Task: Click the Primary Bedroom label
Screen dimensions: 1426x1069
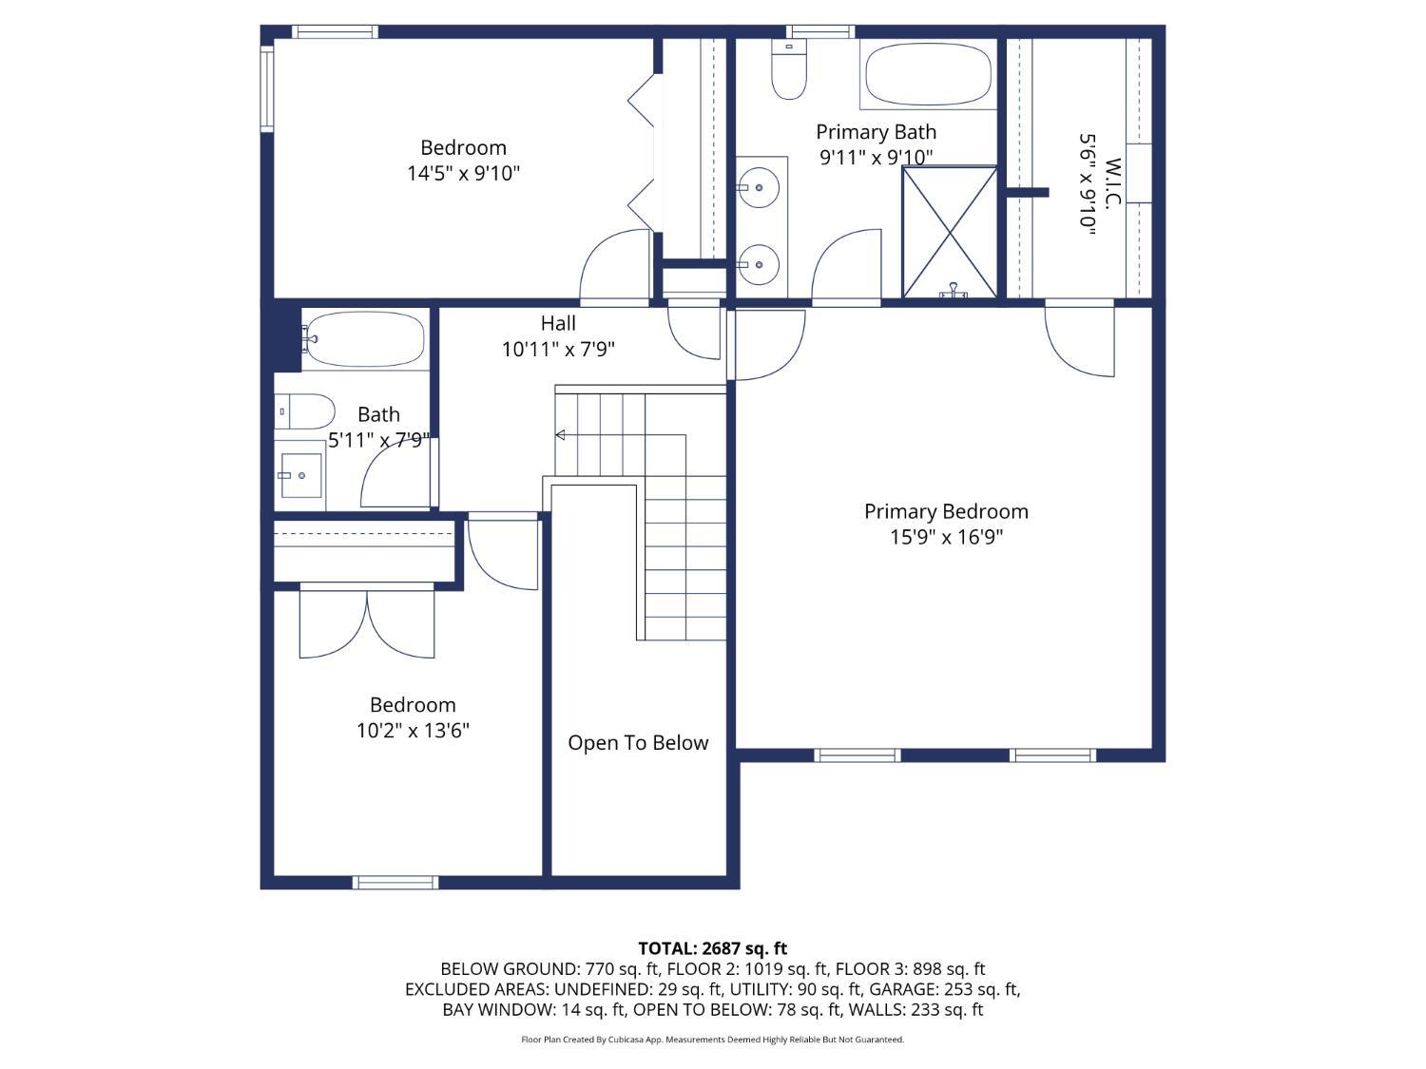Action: tap(946, 511)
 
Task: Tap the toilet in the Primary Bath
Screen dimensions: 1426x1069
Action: tap(789, 68)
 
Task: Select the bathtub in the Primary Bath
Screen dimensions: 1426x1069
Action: tap(929, 74)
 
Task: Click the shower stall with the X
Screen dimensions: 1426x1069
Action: tap(949, 233)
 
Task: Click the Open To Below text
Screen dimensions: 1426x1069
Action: tap(638, 742)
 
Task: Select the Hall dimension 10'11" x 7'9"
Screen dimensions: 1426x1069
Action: tap(558, 349)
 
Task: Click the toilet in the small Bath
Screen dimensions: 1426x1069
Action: tap(304, 410)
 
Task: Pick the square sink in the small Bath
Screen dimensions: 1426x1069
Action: tap(300, 476)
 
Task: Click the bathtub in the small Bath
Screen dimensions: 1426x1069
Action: tap(364, 339)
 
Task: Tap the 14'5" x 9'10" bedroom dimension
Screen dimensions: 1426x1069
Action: tap(463, 173)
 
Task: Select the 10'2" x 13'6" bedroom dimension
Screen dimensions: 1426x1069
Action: tap(413, 730)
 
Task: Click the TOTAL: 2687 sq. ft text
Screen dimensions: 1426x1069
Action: tap(713, 948)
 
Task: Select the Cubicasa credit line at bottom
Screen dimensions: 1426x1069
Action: tap(713, 1040)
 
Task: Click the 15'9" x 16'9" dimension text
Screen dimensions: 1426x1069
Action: tap(946, 538)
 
